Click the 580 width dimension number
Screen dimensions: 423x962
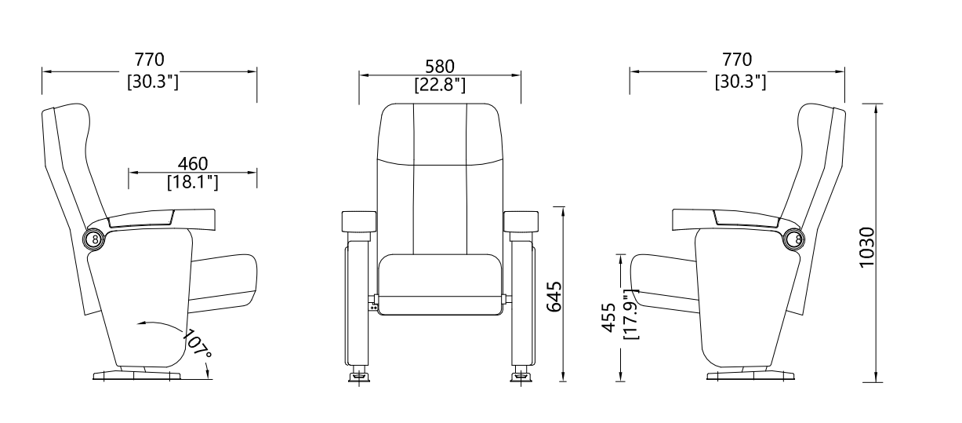(x=440, y=66)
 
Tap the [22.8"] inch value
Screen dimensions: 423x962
(x=440, y=84)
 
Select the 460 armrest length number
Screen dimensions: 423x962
(x=192, y=163)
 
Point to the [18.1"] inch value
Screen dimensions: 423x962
(x=192, y=182)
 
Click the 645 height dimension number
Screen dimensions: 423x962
(x=553, y=296)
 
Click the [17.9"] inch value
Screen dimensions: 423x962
(x=630, y=314)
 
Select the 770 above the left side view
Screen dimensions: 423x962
(x=149, y=60)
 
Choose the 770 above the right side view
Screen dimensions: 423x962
(x=737, y=60)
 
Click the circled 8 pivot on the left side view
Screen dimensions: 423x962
(x=95, y=239)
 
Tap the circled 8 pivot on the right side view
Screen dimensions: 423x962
(x=796, y=239)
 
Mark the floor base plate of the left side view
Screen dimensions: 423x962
(x=137, y=376)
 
